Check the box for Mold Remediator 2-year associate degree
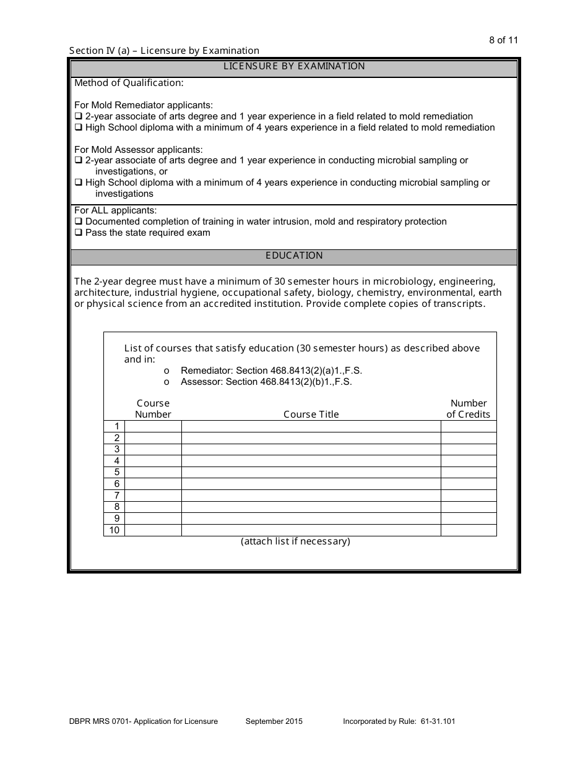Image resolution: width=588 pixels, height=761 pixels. [x=79, y=116]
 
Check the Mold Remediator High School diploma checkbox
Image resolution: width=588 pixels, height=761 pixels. [x=79, y=127]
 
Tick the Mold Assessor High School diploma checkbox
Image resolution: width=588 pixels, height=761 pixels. [x=79, y=183]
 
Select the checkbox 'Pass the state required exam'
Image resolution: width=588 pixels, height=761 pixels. [x=79, y=233]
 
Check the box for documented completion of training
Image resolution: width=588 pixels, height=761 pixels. [x=79, y=221]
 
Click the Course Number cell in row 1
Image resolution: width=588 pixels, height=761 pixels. [x=153, y=426]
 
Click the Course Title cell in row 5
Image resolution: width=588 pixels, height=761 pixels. [x=311, y=472]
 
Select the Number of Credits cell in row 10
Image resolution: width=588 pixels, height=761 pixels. [x=468, y=530]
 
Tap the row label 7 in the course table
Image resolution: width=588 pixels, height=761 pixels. [x=116, y=496]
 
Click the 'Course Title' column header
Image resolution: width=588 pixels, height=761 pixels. [x=311, y=415]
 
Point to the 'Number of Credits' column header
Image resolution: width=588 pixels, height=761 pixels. [x=468, y=409]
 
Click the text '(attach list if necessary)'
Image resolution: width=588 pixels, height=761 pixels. [x=295, y=541]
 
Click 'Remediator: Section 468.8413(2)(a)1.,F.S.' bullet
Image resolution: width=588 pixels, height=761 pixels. [x=270, y=371]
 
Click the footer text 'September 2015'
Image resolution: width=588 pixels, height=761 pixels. [x=274, y=721]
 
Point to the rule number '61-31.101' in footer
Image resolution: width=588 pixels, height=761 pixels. [x=437, y=721]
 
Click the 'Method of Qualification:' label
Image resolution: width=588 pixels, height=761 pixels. [x=129, y=83]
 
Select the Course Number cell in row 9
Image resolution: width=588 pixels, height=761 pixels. [x=153, y=518]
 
